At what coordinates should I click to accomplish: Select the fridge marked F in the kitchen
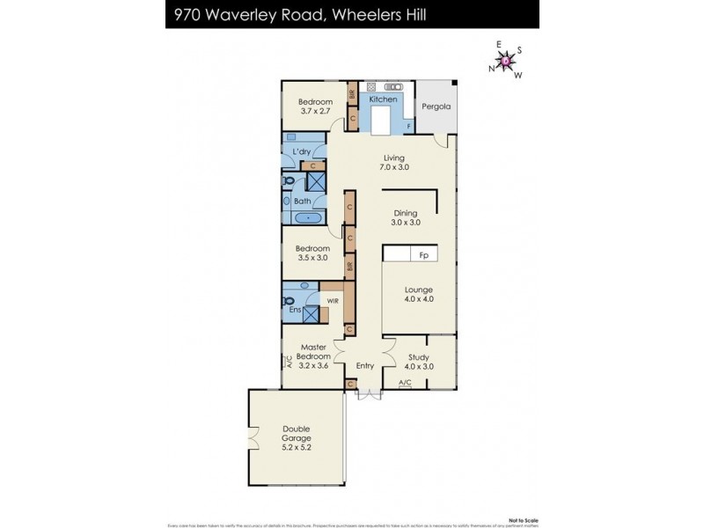407,126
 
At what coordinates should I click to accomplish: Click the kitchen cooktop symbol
372,87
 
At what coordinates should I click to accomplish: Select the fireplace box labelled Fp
423,255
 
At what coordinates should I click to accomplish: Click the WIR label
333,301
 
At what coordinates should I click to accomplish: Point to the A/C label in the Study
405,383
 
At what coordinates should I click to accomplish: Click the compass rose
506,60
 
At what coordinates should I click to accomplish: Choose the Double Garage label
296,436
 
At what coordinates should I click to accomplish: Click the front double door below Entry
369,394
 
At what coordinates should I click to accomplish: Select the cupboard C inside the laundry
312,165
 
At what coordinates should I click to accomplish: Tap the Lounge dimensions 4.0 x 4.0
419,300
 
